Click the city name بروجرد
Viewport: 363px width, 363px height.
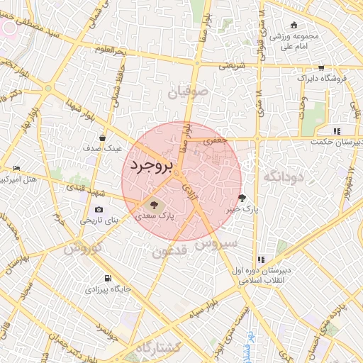coord(152,165)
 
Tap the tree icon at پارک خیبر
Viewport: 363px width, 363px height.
coord(243,199)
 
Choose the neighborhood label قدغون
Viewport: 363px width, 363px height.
coord(170,252)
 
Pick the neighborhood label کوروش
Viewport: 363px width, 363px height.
coord(83,248)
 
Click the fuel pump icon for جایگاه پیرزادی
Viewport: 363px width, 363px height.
coord(107,279)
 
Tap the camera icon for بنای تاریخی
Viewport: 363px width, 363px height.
coord(98,210)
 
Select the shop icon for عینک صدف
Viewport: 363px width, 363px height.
coord(103,138)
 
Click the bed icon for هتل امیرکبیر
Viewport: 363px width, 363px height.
coord(16,168)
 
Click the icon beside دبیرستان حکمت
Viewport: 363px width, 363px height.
coord(337,131)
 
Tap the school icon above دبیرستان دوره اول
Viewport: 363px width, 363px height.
coord(261,259)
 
